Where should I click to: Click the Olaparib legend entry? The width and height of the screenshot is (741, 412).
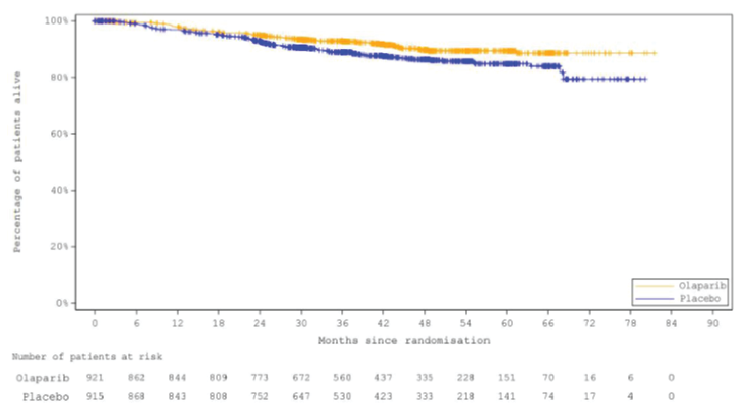(702, 286)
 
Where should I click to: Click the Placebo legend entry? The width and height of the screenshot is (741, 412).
(700, 299)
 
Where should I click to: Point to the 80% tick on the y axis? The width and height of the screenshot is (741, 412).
(60, 77)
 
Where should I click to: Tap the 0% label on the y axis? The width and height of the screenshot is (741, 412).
(62, 303)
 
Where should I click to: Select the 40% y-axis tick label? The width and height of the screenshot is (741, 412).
(60, 190)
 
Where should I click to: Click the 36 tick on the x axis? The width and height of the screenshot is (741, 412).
(342, 323)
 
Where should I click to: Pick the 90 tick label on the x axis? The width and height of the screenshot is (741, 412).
(712, 323)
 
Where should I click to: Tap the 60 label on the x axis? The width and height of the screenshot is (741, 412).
(507, 323)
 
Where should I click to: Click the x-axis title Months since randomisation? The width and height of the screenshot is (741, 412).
(404, 341)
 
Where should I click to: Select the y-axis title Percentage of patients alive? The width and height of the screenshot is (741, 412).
(17, 162)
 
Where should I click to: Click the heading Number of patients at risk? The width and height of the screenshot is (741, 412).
(87, 357)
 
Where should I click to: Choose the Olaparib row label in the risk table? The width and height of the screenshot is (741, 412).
(43, 378)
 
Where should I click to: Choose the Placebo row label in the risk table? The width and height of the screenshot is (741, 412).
(46, 397)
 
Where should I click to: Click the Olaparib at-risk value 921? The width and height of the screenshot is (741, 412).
(95, 378)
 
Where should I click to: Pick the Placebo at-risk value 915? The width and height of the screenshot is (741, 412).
(95, 397)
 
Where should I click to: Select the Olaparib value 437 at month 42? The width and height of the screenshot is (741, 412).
(383, 378)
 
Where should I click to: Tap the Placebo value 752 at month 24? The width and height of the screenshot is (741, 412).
(260, 397)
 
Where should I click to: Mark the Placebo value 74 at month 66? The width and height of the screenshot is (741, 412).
(548, 397)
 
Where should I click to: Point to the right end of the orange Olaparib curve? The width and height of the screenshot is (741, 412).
(655, 53)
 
